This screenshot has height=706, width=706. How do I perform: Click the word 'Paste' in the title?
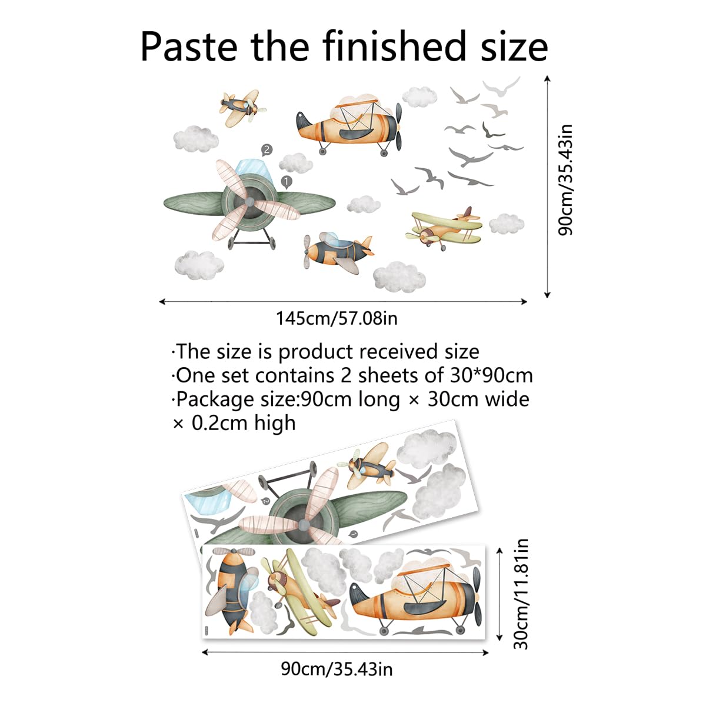[x=189, y=47]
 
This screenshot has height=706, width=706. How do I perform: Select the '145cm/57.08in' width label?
[x=337, y=318]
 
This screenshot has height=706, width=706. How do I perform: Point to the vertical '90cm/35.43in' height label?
[x=565, y=179]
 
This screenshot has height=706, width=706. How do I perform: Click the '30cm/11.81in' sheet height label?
[x=521, y=594]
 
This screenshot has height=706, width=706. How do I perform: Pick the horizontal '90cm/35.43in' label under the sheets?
[x=337, y=669]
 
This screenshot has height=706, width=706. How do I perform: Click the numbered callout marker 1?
[x=286, y=182]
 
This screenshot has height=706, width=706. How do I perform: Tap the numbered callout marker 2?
[x=267, y=150]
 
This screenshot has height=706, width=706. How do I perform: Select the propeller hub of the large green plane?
[x=249, y=202]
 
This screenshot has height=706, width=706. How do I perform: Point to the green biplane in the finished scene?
[x=444, y=228]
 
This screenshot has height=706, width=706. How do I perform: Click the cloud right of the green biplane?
[x=507, y=224]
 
